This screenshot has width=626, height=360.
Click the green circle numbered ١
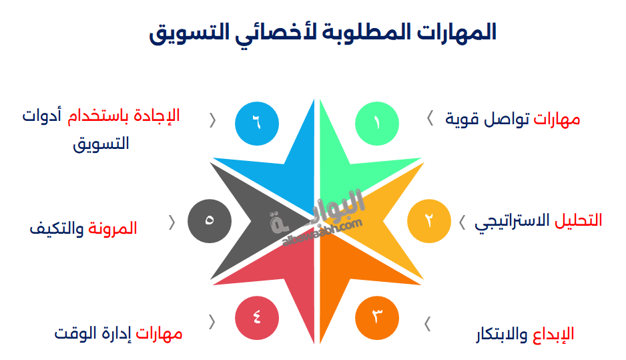click(x=377, y=123)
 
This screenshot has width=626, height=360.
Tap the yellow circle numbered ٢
click(x=429, y=220)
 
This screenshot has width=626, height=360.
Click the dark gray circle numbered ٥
click(x=209, y=220)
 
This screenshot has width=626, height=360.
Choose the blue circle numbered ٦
click(x=257, y=123)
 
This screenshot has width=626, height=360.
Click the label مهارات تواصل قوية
click(x=513, y=120)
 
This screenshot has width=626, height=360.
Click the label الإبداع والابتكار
click(x=525, y=334)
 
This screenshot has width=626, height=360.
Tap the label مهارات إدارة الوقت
click(x=118, y=333)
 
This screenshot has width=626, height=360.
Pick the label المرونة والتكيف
click(x=83, y=228)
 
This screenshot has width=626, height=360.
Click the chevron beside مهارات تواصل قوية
click(x=429, y=119)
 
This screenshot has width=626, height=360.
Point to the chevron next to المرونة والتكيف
click(x=172, y=222)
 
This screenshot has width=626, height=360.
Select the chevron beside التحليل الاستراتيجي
click(x=462, y=222)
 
